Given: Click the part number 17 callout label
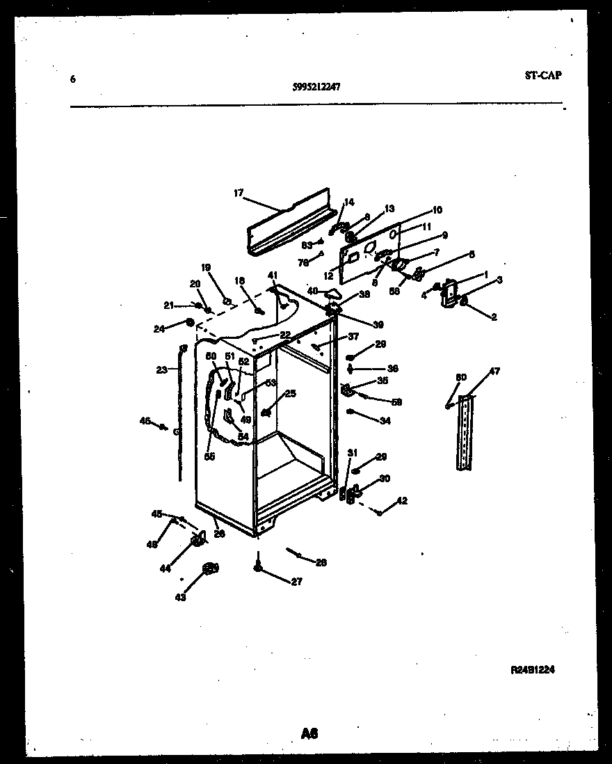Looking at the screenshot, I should pos(239,193).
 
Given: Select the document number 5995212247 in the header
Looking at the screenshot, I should pos(316,87).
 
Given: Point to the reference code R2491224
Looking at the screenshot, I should pos(533,670).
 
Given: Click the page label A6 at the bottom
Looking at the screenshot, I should pos(309,733).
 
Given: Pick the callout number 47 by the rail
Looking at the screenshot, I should pos(494,372).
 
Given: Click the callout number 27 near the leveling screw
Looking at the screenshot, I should pos(297,582).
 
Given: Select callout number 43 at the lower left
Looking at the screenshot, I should pos(181,596).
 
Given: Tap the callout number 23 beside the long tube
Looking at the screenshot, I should pos(162,370).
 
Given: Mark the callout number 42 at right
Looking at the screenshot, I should pos(401,500).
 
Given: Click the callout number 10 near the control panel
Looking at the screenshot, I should pos(437,209).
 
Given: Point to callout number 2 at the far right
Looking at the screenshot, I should pos(494,317).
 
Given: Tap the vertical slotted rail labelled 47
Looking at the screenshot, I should pos(465,431).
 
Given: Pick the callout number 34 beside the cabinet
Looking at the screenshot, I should pos(385,420).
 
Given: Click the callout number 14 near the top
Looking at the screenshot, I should pos(348,202).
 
